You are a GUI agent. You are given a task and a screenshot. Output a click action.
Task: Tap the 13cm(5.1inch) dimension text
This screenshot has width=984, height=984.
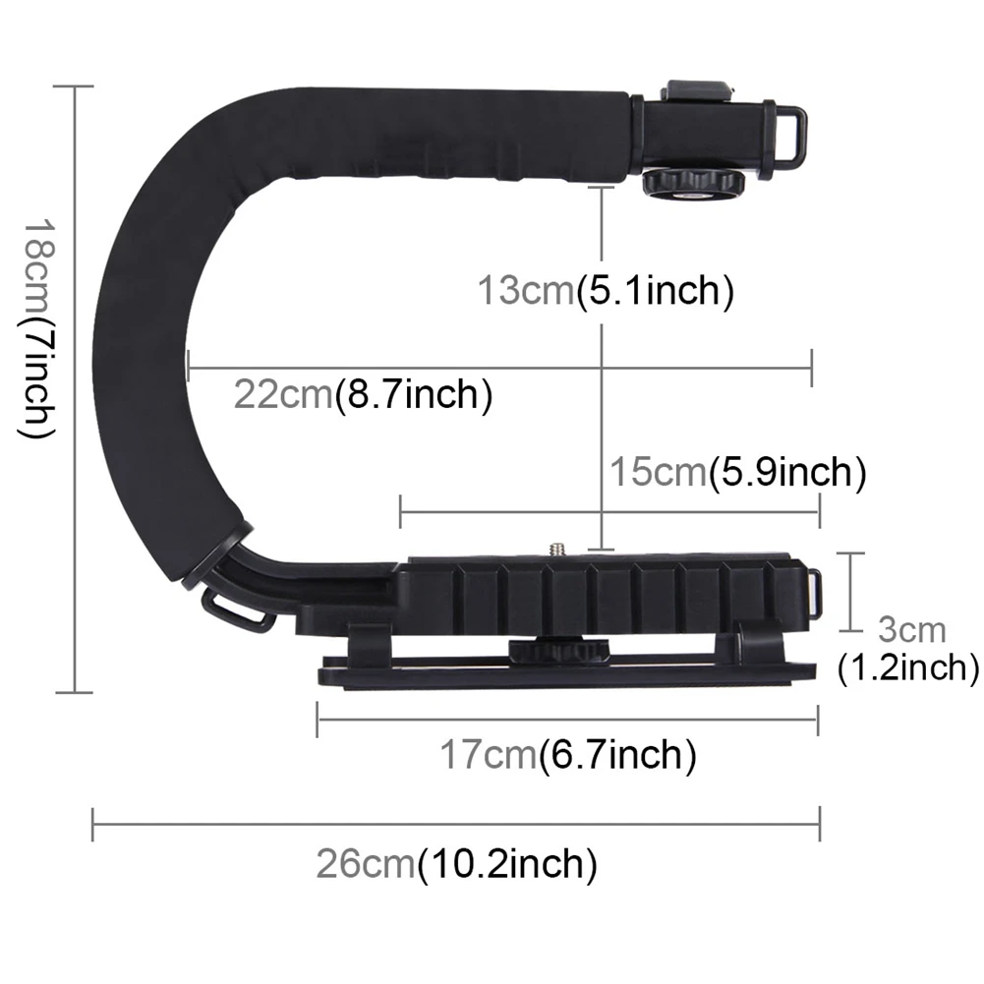click(x=606, y=291)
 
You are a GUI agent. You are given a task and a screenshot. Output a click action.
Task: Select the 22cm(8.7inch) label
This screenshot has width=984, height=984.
click(x=363, y=395)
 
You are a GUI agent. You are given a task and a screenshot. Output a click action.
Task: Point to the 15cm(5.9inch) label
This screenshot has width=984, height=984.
click(x=737, y=473)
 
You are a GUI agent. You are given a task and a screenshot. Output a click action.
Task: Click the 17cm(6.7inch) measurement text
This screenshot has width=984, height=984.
click(x=567, y=755)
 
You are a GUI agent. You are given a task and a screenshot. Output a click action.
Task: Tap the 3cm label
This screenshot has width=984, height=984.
click(x=911, y=629)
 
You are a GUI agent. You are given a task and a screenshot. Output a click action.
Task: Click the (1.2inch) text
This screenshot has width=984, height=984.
click(x=907, y=668)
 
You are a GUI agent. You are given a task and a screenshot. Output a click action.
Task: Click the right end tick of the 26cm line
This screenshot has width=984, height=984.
click(x=819, y=824)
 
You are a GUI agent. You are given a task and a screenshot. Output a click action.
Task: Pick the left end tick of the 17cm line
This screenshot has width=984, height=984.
click(x=317, y=720)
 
